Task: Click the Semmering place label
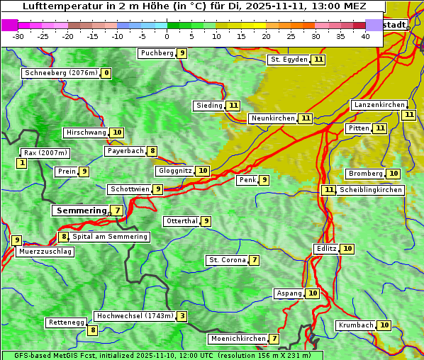[80, 210]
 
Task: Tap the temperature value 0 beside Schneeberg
[106, 73]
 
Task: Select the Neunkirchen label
[273, 118]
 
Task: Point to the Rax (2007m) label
[45, 153]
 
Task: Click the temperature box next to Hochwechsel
[183, 316]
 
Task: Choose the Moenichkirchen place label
[238, 339]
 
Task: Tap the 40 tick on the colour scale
[365, 36]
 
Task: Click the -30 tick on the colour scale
[18, 36]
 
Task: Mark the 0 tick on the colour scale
[167, 36]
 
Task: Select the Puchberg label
[157, 53]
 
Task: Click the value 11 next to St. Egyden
[319, 60]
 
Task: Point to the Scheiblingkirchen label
[371, 190]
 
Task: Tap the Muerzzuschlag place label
[45, 252]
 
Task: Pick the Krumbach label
[355, 325]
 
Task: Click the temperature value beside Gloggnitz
[203, 171]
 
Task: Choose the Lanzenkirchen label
[379, 105]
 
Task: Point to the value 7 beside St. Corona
[255, 260]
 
